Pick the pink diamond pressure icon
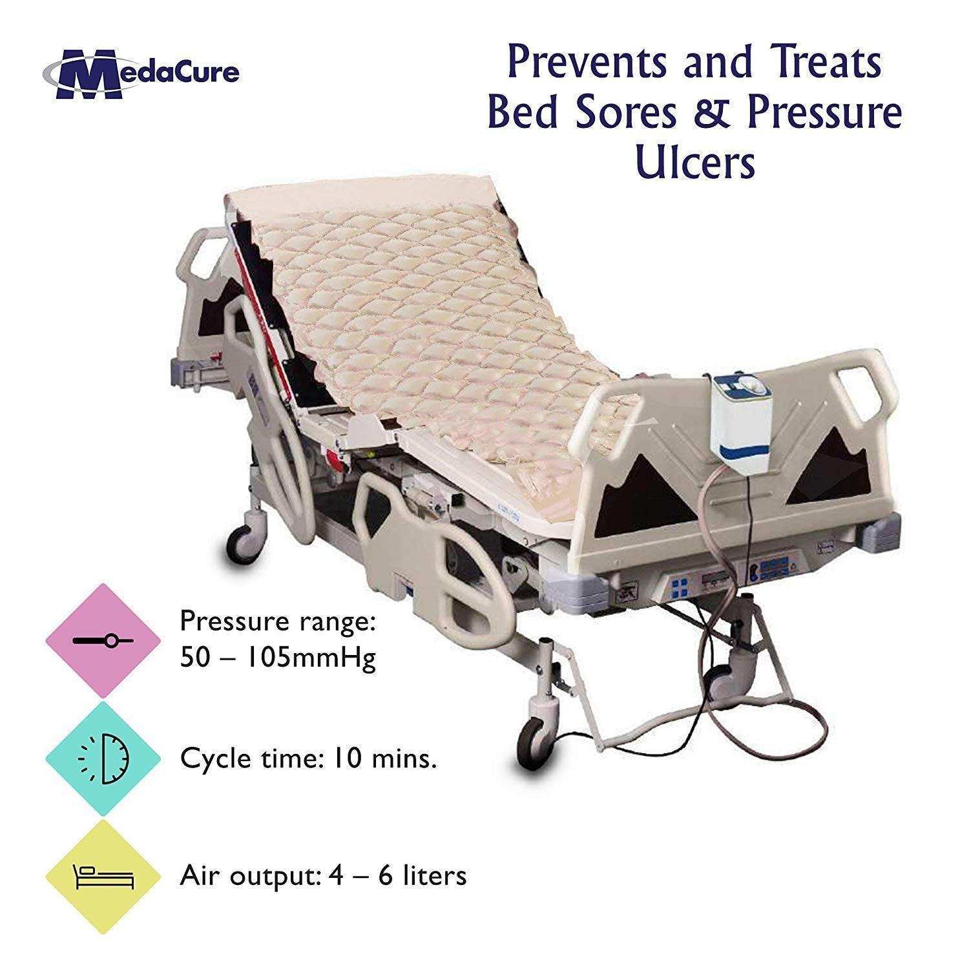(x=103, y=640)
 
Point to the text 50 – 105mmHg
(x=278, y=659)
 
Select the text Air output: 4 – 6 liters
(x=323, y=877)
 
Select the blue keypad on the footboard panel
(x=680, y=589)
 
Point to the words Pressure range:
(x=278, y=621)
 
